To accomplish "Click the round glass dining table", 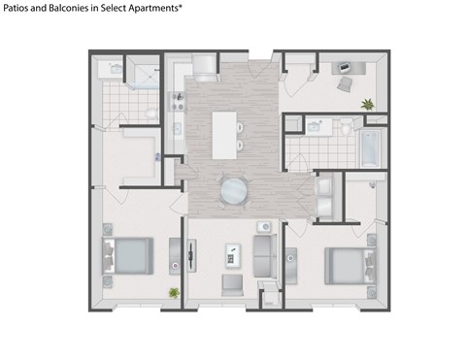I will pyautogui.click(x=234, y=189).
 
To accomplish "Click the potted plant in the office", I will pyautogui.click(x=367, y=103).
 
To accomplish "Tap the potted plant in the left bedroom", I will pyautogui.click(x=174, y=292).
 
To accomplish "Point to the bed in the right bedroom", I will pyautogui.click(x=347, y=263).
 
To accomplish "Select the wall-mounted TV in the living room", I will pyautogui.click(x=190, y=256).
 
